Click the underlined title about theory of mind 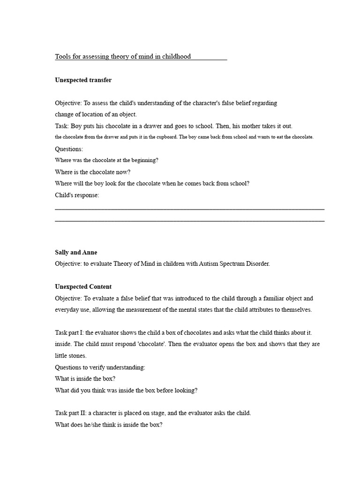[123, 57]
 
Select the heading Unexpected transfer [83, 80]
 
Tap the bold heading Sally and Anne [76, 252]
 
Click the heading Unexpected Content [83, 287]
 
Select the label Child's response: [77, 195]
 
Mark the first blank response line [189, 209]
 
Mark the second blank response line [189, 220]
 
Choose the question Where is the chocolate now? [93, 172]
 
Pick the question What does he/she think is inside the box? [108, 425]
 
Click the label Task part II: [71, 413]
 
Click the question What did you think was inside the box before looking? [126, 390]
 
